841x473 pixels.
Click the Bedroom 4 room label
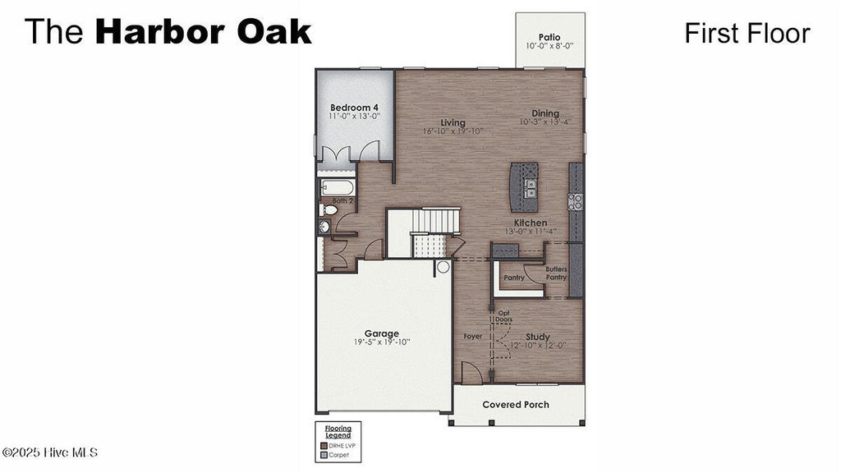click(354, 108)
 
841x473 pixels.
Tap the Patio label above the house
click(549, 36)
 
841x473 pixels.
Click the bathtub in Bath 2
click(337, 187)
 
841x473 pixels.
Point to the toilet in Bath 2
click(329, 209)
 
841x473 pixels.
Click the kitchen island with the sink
click(524, 186)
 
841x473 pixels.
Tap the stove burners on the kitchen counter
click(576, 200)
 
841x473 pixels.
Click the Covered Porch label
click(516, 405)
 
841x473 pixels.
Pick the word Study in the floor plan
click(538, 337)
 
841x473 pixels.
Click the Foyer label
click(473, 337)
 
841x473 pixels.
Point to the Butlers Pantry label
click(556, 273)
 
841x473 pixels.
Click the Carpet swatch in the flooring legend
click(324, 454)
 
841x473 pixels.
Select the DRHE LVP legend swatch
click(324, 445)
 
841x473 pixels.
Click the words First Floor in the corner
click(747, 33)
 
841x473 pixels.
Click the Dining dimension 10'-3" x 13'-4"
click(545, 122)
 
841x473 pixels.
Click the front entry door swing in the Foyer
click(471, 374)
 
